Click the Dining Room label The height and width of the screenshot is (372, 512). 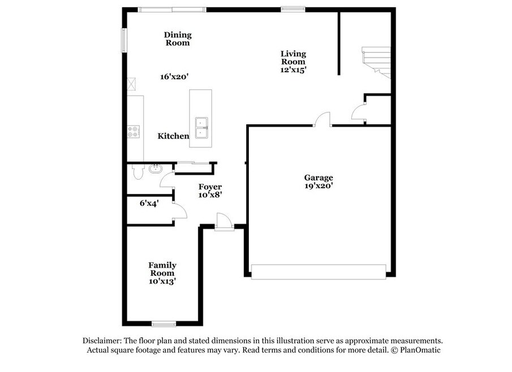click(x=178, y=39)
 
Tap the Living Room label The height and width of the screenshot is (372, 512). click(x=293, y=58)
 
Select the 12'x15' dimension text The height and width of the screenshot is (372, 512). click(x=293, y=70)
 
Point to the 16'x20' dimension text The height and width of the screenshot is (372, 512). click(x=174, y=77)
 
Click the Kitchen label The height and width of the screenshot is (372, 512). click(x=173, y=136)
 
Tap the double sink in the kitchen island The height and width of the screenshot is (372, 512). click(x=201, y=128)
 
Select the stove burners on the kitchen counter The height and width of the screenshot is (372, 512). click(x=134, y=131)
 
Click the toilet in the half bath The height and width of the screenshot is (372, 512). click(x=138, y=172)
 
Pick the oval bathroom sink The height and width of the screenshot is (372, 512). click(x=156, y=168)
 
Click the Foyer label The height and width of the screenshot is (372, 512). click(x=210, y=187)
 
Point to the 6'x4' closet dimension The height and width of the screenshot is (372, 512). click(x=149, y=204)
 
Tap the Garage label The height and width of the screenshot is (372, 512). click(x=319, y=178)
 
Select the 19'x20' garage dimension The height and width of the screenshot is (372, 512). click(x=319, y=186)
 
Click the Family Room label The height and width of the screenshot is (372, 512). click(x=162, y=269)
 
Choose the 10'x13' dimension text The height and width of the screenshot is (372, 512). click(x=162, y=281)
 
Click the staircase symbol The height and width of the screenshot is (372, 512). click(x=376, y=62)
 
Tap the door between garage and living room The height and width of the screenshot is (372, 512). click(x=322, y=119)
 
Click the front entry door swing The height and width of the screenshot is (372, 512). click(x=223, y=220)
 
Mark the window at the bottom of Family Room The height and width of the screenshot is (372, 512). click(x=164, y=324)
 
